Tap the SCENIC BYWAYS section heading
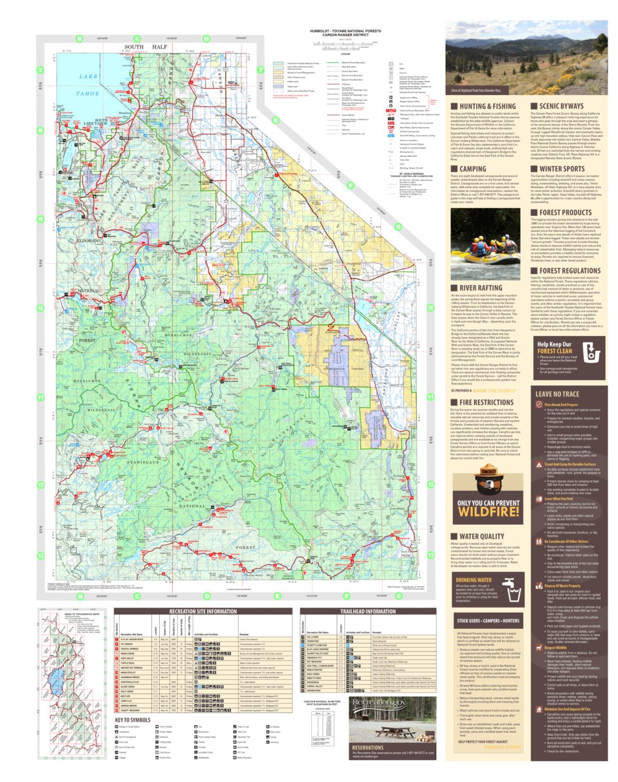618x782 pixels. pyautogui.click(x=561, y=106)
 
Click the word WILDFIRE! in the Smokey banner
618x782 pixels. pyautogui.click(x=488, y=513)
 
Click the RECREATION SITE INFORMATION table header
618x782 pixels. pyautogui.click(x=203, y=611)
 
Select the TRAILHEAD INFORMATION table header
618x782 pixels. pyautogui.click(x=368, y=611)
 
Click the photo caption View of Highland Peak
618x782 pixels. pyautogui.click(x=476, y=90)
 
